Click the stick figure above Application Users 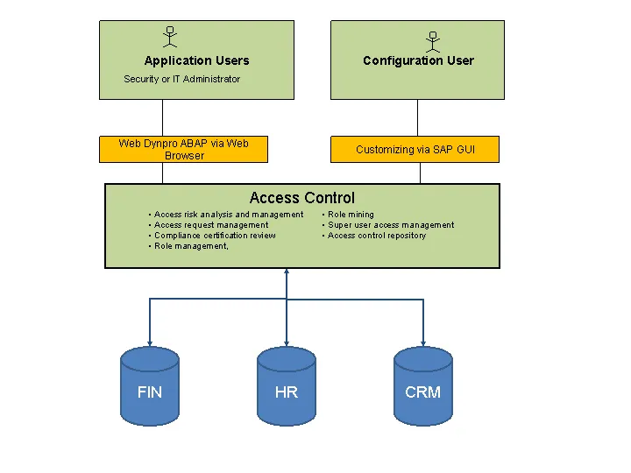(169, 37)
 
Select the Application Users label (196, 60)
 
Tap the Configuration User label (418, 60)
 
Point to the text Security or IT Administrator (181, 79)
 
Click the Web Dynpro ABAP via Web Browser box (184, 149)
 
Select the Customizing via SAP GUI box (415, 150)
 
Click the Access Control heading (301, 198)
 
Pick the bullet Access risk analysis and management (228, 215)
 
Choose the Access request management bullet (210, 225)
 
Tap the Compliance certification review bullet (214, 236)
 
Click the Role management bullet (191, 246)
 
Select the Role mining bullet (350, 215)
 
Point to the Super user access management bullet (390, 225)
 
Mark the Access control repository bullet (376, 236)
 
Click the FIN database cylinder (150, 385)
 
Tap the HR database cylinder (287, 385)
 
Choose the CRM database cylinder (423, 385)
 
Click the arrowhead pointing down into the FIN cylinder (150, 342)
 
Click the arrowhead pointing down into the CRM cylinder (423, 342)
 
